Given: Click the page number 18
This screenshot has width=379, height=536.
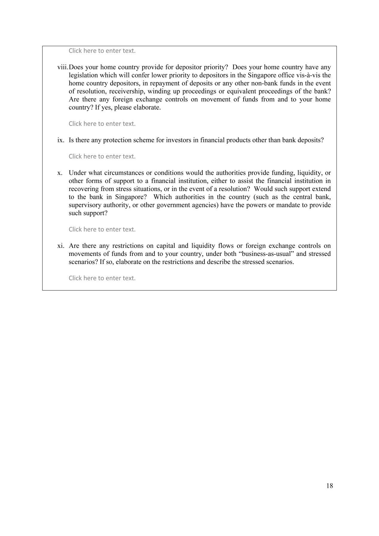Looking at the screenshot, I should pos(329,486).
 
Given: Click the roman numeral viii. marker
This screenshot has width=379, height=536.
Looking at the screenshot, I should pos(63,67).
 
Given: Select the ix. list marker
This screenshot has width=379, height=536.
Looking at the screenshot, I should pos(61,140).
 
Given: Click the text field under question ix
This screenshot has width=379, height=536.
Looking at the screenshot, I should pos(102,156).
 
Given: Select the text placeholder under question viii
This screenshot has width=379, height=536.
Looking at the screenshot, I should pos(102,124).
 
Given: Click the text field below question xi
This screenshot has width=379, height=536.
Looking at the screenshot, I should pos(102,278).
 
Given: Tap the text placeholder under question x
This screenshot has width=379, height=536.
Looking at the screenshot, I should pos(102,230).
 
